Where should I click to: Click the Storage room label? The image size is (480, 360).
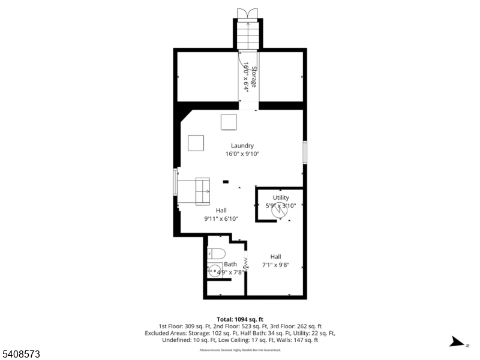[x=254, y=77]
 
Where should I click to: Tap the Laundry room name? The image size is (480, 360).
[x=242, y=146]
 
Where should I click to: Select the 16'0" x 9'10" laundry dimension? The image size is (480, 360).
[x=242, y=154]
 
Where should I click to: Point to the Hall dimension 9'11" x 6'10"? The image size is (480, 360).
[x=221, y=219]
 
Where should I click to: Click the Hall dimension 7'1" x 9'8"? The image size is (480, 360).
[x=275, y=265]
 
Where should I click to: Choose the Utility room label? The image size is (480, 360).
[x=281, y=197]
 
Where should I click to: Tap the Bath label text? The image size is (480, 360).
[x=230, y=264]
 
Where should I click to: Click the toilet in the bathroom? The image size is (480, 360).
[x=215, y=253]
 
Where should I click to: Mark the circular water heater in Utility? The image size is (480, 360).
[x=278, y=211]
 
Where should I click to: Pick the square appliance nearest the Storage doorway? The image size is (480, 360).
[x=229, y=122]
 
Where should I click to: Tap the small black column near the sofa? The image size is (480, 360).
[x=226, y=181]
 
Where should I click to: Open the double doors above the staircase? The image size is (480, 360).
[x=247, y=14]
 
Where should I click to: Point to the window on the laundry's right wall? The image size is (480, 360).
[x=305, y=152]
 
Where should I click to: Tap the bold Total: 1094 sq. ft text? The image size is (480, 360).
[x=240, y=319]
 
